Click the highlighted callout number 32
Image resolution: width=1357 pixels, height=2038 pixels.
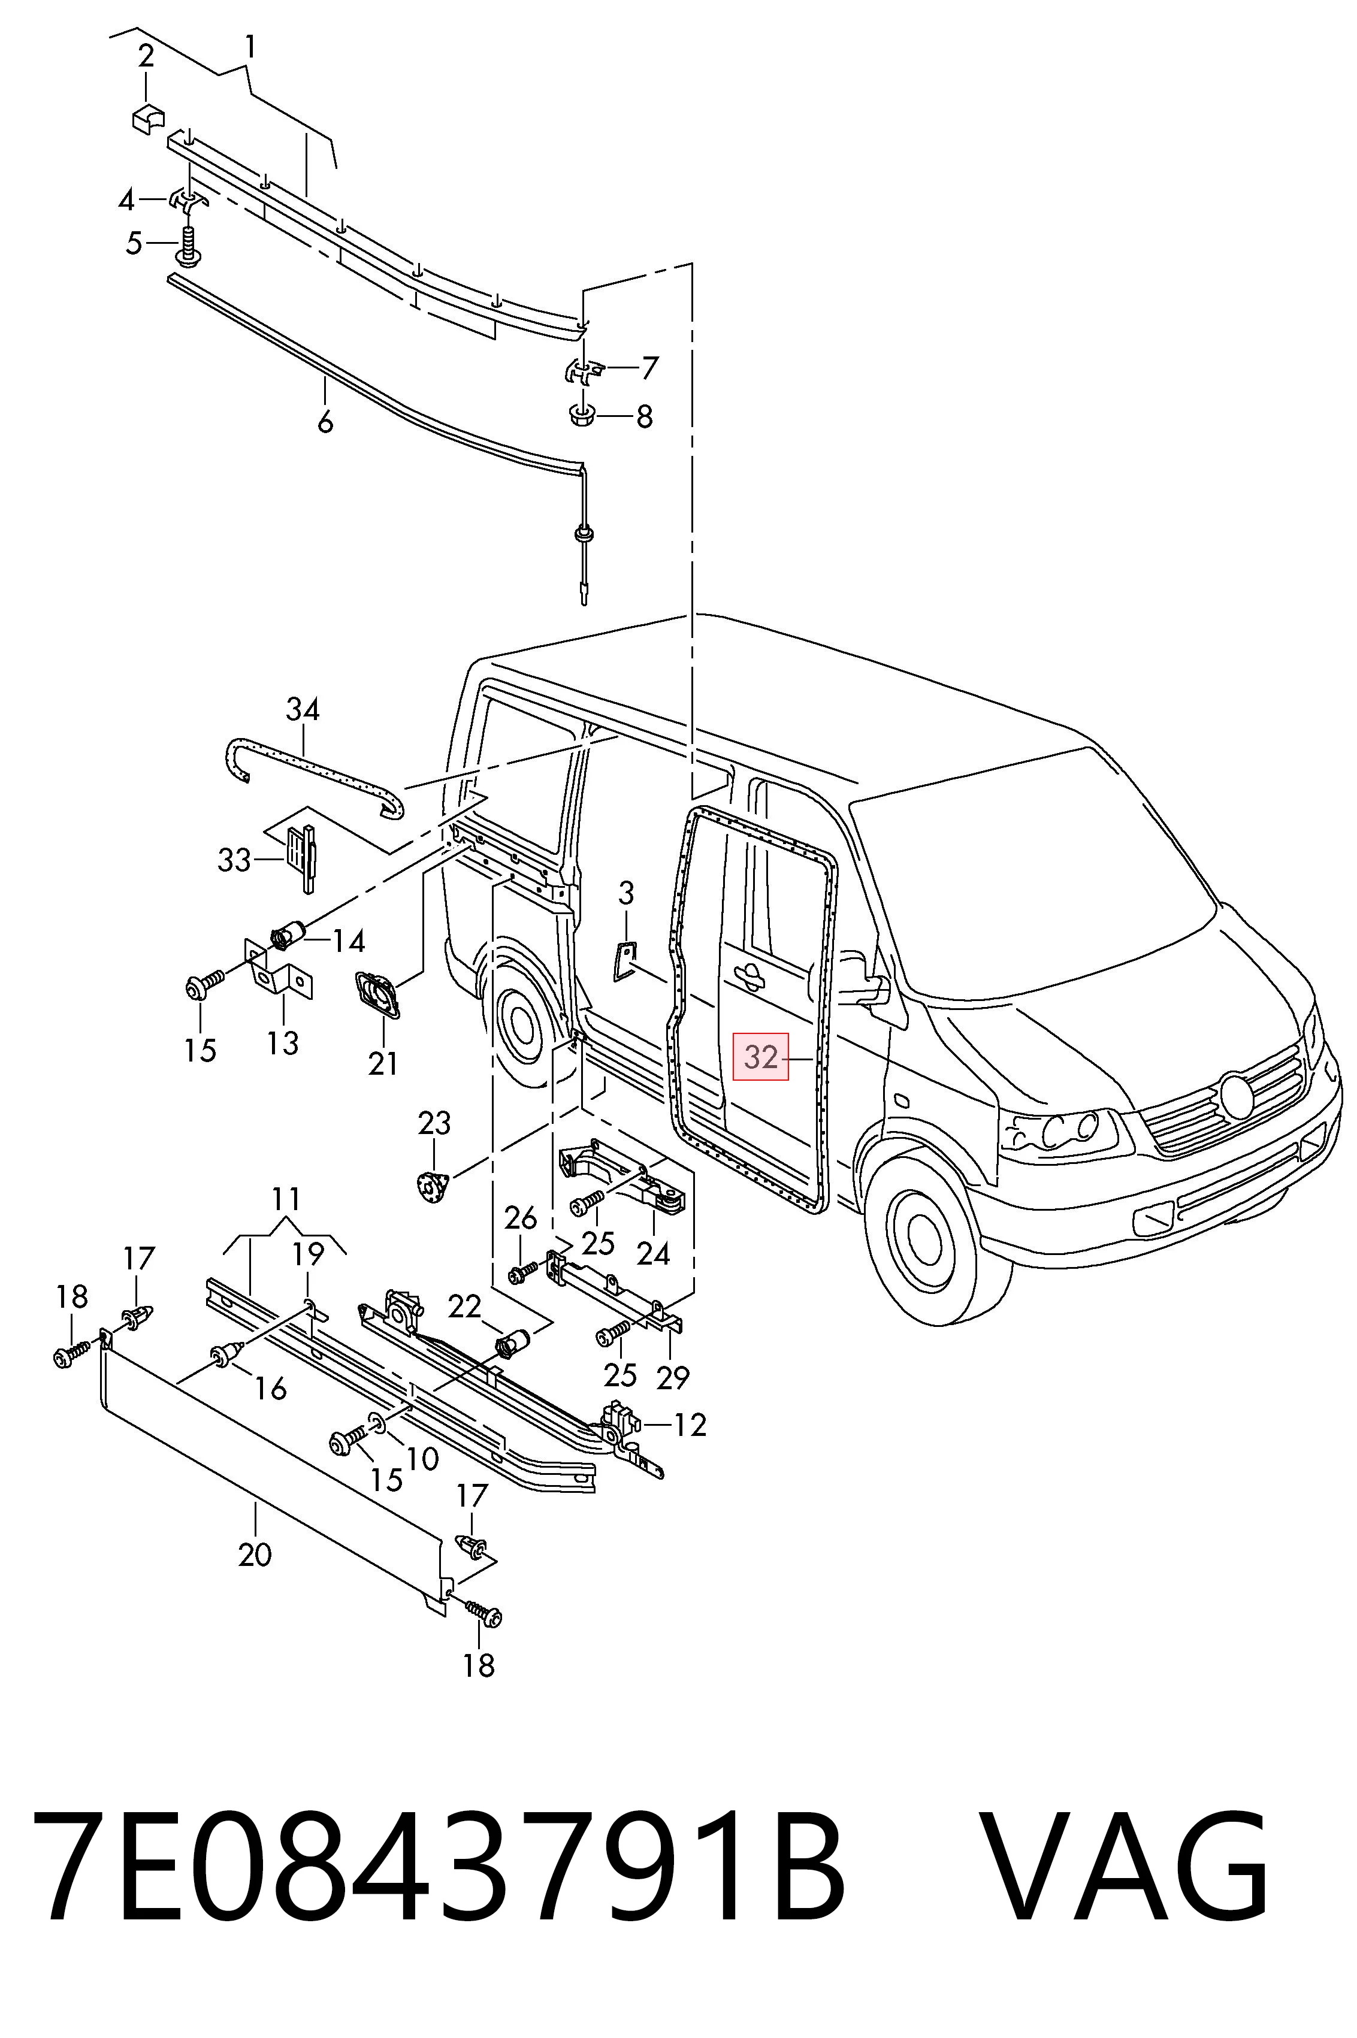[761, 1057]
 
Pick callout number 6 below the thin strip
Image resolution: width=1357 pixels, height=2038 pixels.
[325, 422]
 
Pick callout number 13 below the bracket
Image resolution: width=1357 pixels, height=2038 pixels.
[283, 1042]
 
